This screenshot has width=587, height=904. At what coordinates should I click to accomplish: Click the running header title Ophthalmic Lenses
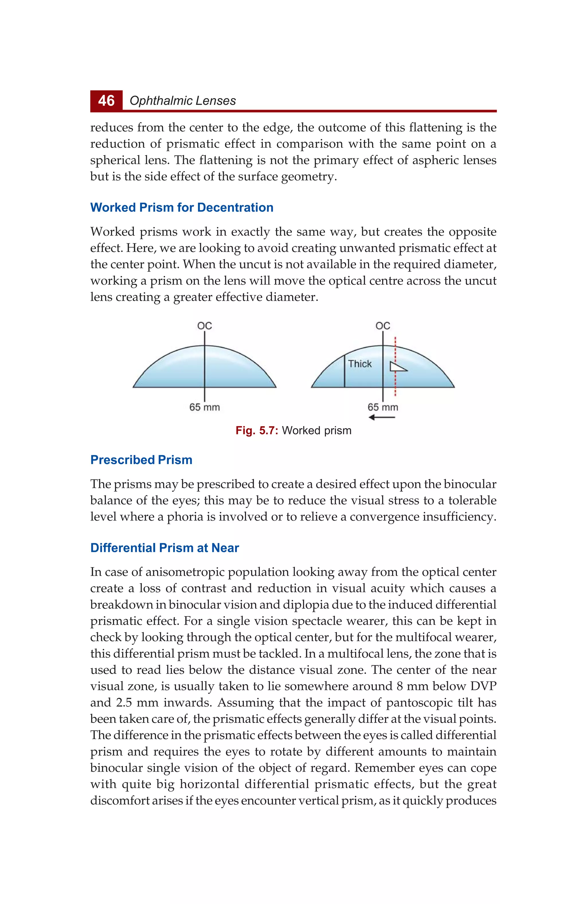point(183,101)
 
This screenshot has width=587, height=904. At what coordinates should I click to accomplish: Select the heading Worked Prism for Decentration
point(182,207)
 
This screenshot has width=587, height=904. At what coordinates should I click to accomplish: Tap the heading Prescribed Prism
point(141,460)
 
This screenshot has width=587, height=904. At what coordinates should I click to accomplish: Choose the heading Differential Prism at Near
point(165,548)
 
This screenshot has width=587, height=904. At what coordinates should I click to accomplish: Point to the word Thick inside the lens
point(360,364)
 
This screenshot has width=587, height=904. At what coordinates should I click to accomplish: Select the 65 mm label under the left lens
point(205,407)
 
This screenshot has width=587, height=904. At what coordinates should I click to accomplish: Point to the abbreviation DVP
point(483,686)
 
